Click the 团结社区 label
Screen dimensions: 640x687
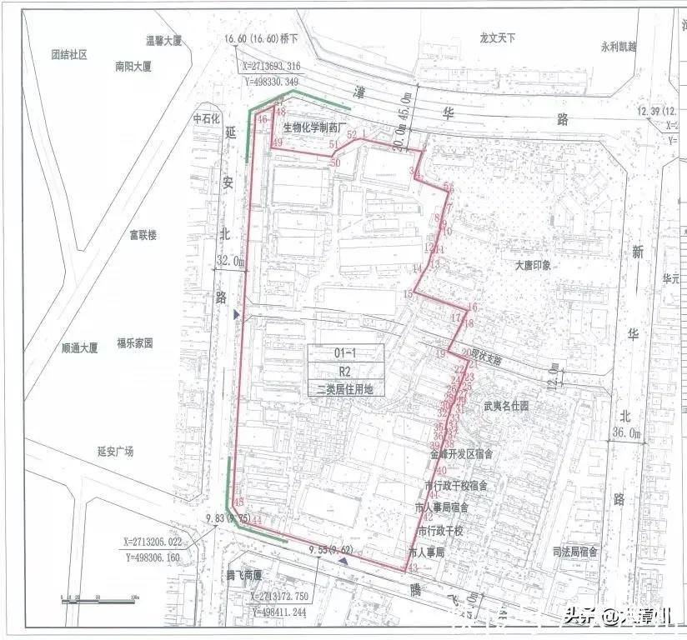coord(69,55)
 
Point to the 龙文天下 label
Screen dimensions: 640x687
coord(499,37)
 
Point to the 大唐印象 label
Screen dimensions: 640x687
coord(534,267)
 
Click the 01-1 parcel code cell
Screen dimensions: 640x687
coord(345,352)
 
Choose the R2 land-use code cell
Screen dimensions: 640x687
coord(345,370)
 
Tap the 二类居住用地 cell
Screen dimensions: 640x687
coord(345,387)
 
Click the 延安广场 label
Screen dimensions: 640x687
coord(115,452)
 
